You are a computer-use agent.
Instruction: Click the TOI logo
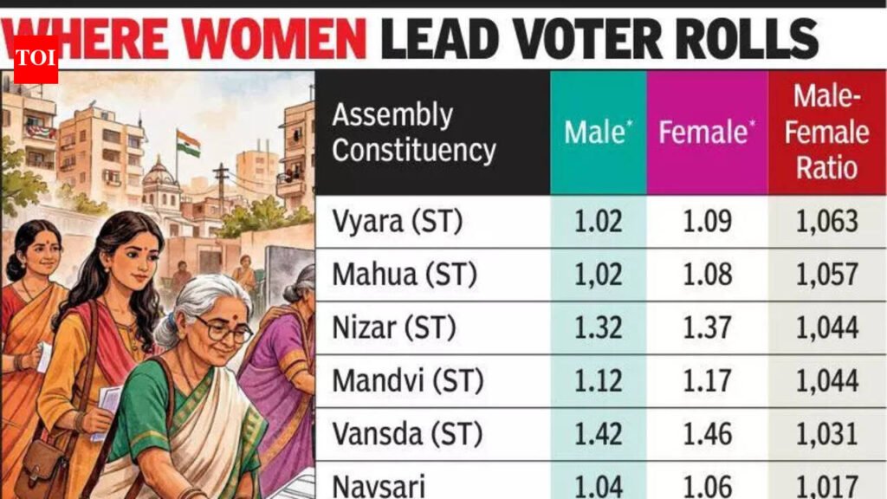click(36, 59)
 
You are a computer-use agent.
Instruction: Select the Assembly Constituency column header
click(413, 133)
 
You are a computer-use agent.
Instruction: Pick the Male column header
click(598, 133)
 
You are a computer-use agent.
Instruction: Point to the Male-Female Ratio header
click(826, 133)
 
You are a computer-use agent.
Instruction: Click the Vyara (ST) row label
click(398, 222)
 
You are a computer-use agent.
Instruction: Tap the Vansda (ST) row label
click(405, 433)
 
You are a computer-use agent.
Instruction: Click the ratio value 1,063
click(826, 222)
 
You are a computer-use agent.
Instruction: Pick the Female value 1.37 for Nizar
click(707, 327)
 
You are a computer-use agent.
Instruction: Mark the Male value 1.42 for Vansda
click(598, 433)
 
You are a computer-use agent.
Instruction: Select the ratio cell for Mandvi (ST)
click(826, 380)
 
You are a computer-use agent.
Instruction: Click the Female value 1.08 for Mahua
click(707, 275)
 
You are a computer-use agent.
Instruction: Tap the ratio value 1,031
click(826, 433)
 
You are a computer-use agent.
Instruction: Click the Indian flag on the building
click(188, 143)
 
